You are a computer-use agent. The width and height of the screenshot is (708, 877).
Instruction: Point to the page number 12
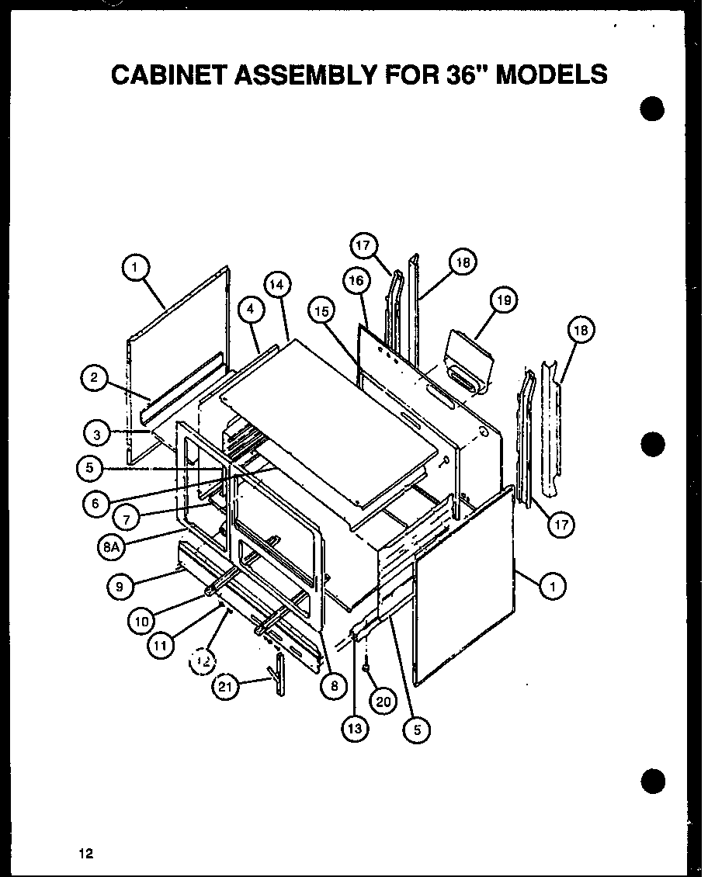85,854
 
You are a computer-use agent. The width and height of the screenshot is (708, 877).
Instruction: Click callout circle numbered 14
276,285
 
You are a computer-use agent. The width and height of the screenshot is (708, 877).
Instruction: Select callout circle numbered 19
504,300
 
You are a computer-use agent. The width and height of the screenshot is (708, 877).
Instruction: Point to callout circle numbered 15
322,311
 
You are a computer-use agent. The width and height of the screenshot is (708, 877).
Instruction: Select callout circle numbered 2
94,378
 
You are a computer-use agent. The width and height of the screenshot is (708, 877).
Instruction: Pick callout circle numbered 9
120,587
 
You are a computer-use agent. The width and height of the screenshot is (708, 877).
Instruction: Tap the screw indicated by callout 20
365,666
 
